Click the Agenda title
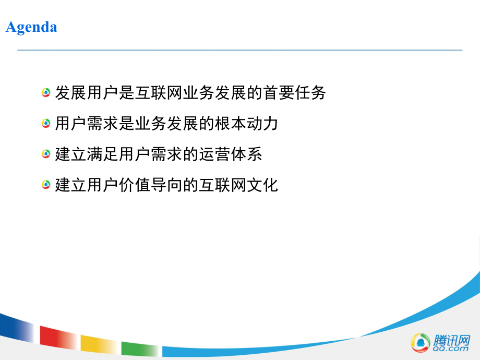(31, 27)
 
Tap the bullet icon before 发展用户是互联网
(46, 93)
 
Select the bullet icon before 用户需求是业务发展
(46, 124)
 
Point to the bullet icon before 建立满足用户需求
(46, 154)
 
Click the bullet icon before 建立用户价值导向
(46, 185)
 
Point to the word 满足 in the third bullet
(102, 154)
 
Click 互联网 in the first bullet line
(158, 93)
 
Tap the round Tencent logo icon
(420, 342)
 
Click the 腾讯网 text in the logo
(448, 340)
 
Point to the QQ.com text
(448, 349)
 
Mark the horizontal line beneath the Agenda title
(240, 50)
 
